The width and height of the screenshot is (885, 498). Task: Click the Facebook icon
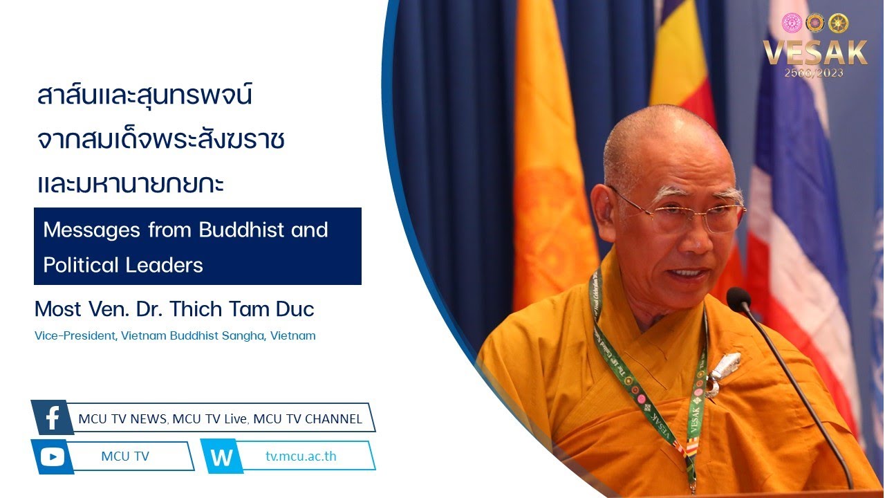tap(53, 417)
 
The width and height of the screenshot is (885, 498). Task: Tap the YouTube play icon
tap(52, 457)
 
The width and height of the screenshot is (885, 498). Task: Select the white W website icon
tap(222, 457)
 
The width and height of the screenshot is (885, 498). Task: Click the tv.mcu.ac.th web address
tap(301, 456)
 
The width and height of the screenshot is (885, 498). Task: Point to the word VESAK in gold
tap(815, 53)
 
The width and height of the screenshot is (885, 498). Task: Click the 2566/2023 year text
tap(814, 73)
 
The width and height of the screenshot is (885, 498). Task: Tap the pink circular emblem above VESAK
tap(792, 23)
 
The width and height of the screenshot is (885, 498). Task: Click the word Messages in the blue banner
tap(92, 230)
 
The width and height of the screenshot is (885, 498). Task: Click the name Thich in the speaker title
tap(196, 309)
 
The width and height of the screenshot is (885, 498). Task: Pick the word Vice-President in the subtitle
tap(75, 336)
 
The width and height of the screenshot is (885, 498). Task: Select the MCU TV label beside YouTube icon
tap(125, 456)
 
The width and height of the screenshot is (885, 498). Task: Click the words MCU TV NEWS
tap(122, 419)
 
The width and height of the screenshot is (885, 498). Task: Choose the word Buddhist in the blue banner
tap(241, 230)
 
